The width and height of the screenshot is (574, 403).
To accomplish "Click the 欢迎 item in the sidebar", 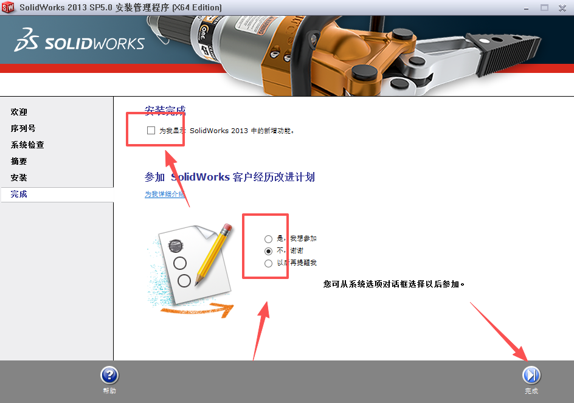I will tap(19, 112).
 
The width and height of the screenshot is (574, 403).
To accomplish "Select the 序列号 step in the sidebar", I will tap(23, 129).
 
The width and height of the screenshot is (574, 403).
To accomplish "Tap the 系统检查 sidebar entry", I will tap(27, 145).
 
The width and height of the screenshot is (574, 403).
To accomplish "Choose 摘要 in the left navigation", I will tap(19, 162).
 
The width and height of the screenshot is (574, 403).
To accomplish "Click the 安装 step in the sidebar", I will tap(19, 178).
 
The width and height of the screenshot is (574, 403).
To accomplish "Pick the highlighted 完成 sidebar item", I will tap(19, 195).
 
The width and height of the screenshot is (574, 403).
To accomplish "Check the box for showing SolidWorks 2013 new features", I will tap(151, 130).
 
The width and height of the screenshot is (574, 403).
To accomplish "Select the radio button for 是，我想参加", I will tap(268, 239).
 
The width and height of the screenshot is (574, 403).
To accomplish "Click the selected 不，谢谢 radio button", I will tap(268, 251).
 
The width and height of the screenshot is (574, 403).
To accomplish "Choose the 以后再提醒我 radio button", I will tap(268, 263).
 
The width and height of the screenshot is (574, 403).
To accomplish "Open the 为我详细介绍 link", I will tap(165, 195).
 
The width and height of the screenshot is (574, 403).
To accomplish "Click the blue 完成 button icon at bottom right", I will tap(531, 374).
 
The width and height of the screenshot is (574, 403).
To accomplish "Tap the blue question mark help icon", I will tap(109, 375).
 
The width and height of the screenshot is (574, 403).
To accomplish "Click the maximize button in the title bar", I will tap(544, 7).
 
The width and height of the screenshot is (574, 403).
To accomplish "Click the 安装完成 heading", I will tap(165, 111).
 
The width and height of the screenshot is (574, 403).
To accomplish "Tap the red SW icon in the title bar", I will tap(8, 7).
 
